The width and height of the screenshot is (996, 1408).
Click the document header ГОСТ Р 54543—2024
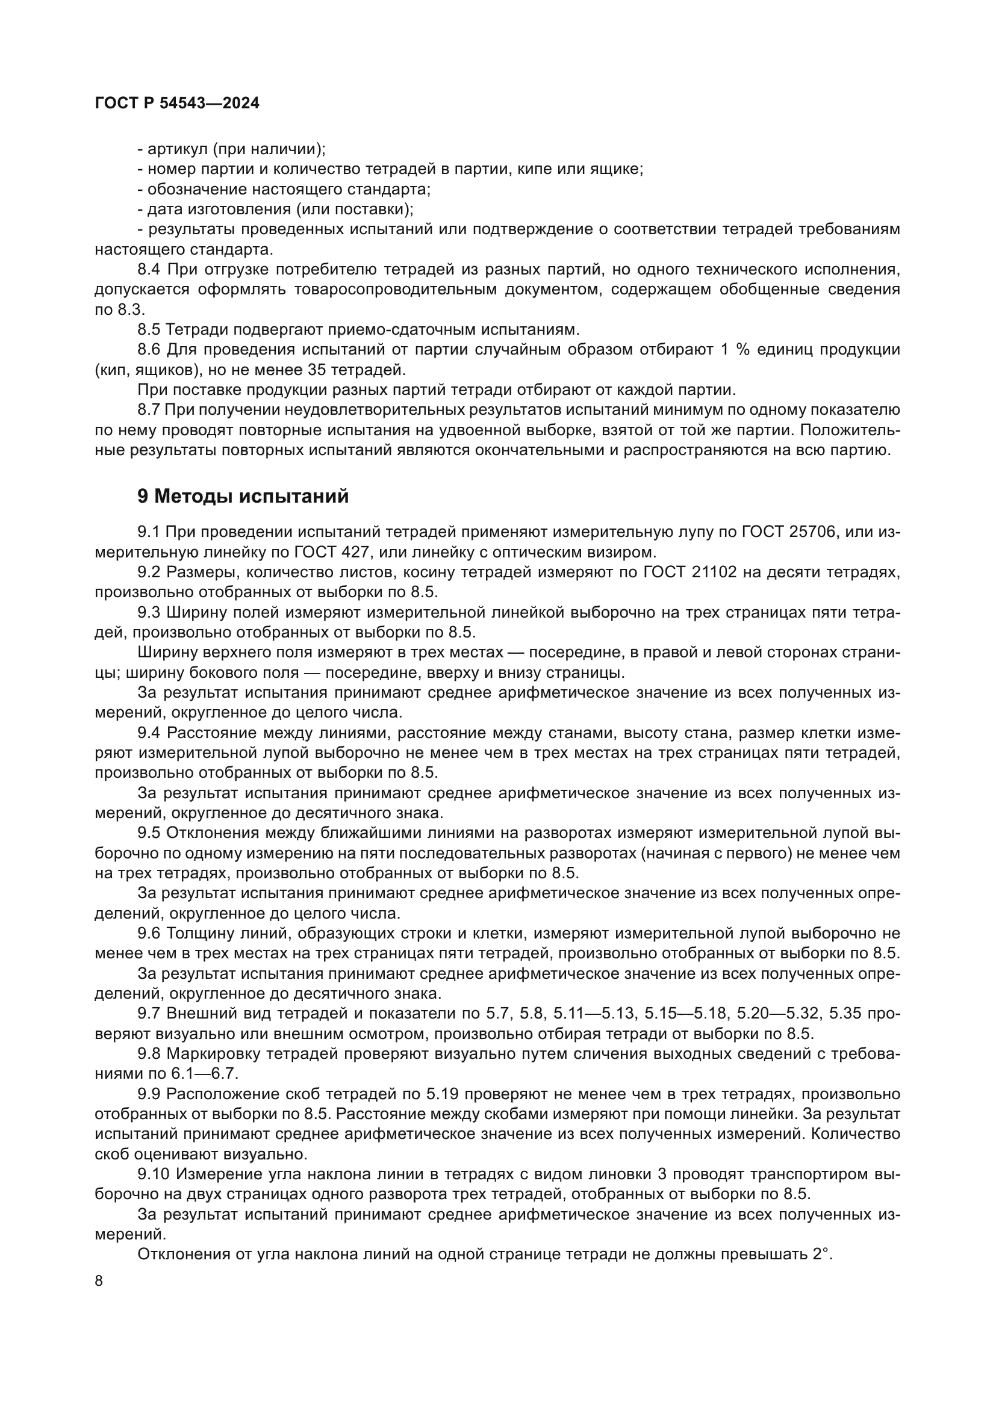click(x=177, y=103)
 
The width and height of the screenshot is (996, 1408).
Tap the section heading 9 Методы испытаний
click(x=243, y=495)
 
